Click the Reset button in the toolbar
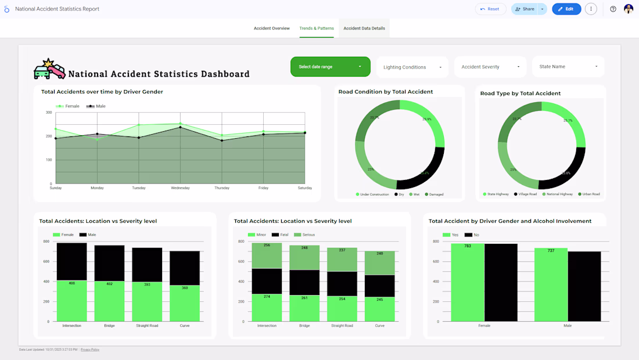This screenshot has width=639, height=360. click(x=490, y=9)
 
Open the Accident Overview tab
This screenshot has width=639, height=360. click(x=271, y=28)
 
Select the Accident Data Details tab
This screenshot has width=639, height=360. click(x=364, y=28)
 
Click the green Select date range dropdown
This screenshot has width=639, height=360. click(x=330, y=67)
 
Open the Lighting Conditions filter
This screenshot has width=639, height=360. click(x=412, y=67)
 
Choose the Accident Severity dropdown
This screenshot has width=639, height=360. click(x=490, y=67)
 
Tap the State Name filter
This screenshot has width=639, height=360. click(x=568, y=67)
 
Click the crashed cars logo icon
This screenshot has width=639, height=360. click(x=49, y=69)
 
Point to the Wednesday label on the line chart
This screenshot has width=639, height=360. click(x=180, y=188)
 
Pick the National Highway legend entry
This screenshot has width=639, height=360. click(x=559, y=195)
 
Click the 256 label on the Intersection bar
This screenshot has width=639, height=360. click(x=267, y=246)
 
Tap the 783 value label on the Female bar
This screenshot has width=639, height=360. click(x=468, y=246)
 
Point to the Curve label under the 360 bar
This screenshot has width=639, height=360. click(x=185, y=326)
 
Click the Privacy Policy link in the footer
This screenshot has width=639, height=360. click(x=90, y=350)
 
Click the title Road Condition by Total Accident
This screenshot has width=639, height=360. click(x=386, y=92)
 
